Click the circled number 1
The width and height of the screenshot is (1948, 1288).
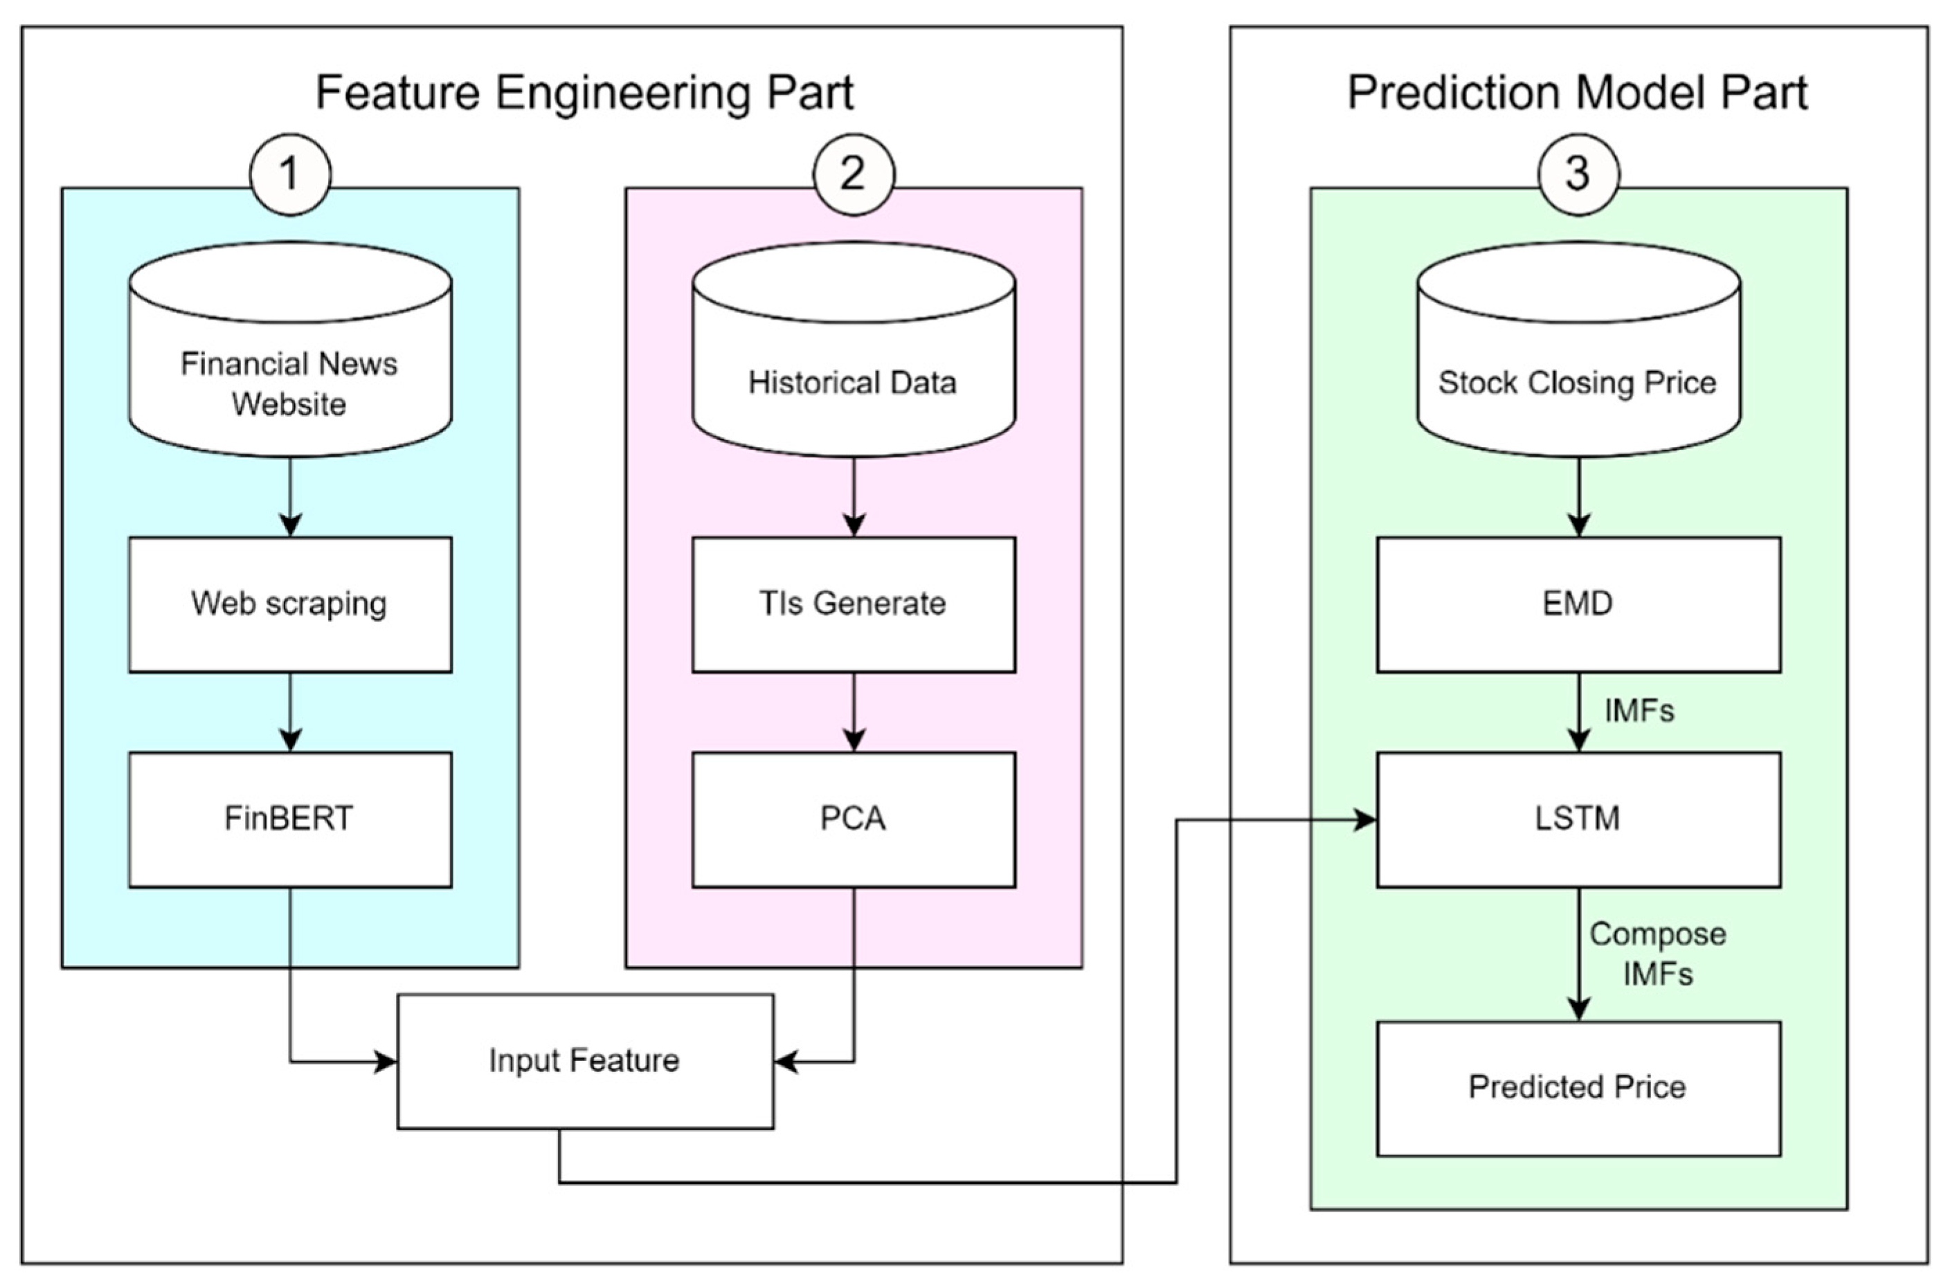click(290, 174)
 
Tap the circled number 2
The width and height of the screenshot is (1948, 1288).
click(853, 174)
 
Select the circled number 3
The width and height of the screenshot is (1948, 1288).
click(1578, 174)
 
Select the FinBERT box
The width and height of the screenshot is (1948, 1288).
click(290, 819)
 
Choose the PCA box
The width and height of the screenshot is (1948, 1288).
click(853, 819)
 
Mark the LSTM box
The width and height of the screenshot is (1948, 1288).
click(1578, 819)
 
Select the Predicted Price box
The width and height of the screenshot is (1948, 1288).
click(1578, 1087)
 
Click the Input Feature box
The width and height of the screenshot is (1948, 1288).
click(585, 1061)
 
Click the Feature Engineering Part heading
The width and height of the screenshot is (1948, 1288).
click(584, 92)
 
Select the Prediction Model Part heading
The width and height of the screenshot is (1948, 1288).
click(1577, 92)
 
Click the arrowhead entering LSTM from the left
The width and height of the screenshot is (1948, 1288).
click(1366, 819)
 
